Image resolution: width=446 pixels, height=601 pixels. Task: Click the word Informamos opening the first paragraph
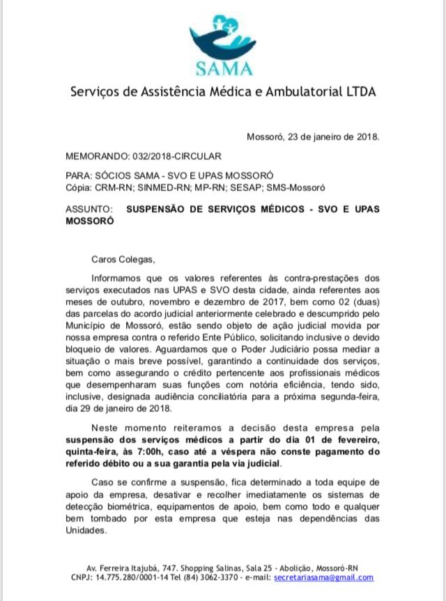(120, 279)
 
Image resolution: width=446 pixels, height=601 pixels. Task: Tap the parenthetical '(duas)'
(363, 307)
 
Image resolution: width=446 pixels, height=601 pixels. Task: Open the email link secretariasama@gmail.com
(323, 577)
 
